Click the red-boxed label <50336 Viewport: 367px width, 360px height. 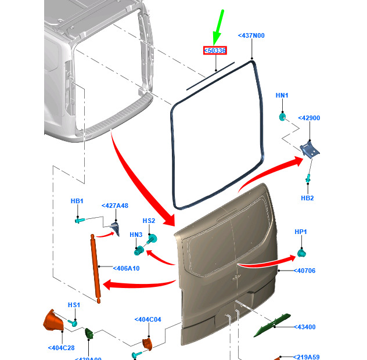click(215, 51)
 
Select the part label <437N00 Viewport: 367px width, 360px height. click(251, 36)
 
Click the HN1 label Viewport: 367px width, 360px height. click(282, 95)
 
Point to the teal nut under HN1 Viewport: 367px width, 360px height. click(282, 116)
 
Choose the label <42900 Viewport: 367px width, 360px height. click(309, 118)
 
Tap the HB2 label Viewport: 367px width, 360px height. click(307, 198)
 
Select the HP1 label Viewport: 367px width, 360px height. click(301, 232)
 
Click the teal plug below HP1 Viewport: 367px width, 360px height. click(301, 253)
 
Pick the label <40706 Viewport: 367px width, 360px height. click(305, 271)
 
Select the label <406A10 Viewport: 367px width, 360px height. click(125, 268)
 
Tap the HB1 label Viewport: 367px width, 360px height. click(77, 201)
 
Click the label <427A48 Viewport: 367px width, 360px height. click(115, 206)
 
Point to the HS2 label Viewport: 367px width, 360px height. click(149, 221)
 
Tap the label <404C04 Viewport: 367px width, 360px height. click(147, 320)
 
